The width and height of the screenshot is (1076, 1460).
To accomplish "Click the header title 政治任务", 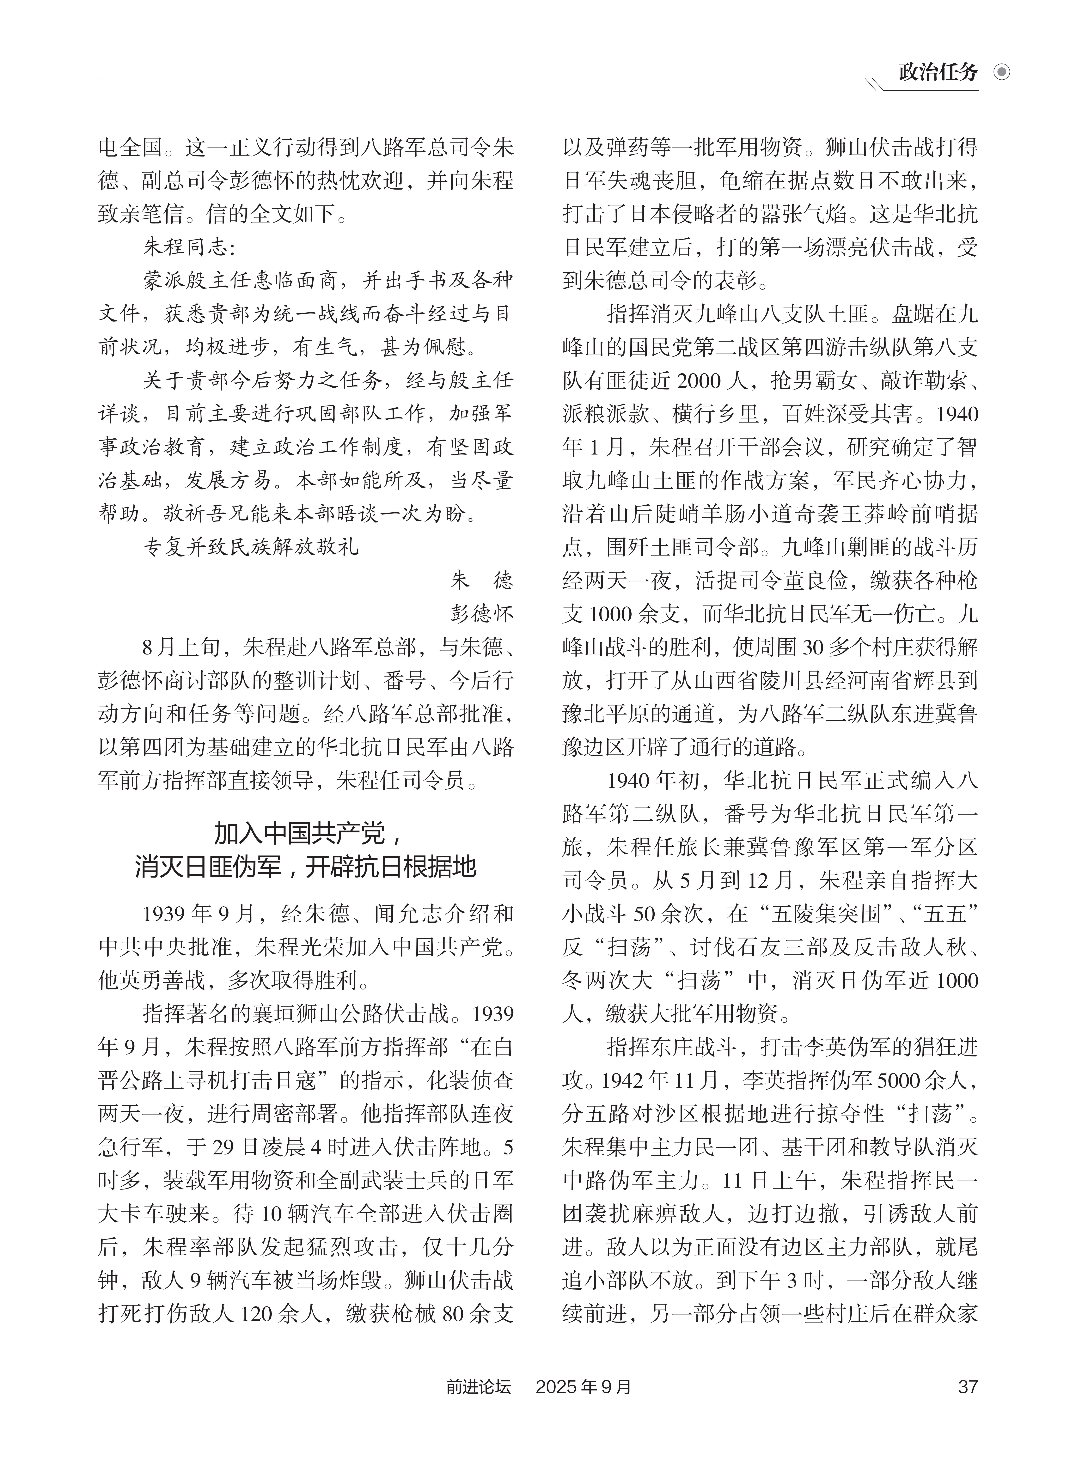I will coord(938,72).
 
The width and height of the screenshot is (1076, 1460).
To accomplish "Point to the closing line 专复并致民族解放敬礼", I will coord(251,546).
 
